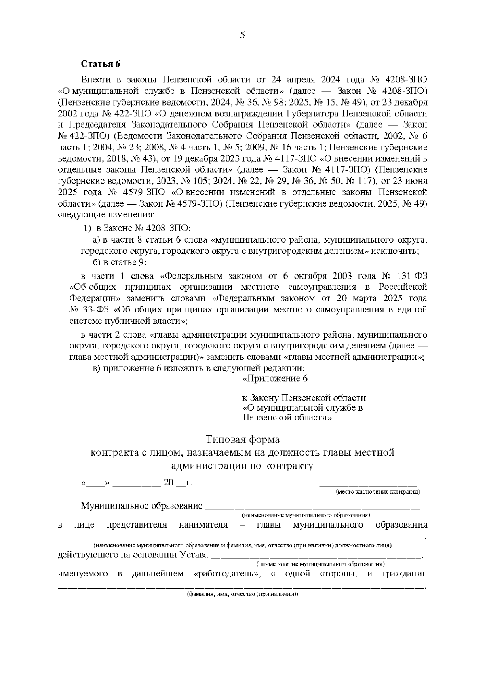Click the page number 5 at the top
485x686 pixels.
[242, 35]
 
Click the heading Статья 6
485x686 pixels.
[101, 64]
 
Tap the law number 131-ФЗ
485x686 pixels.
[410, 276]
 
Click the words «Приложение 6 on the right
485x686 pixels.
[275, 379]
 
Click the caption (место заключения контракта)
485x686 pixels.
[378, 492]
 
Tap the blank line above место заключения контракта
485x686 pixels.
[368, 483]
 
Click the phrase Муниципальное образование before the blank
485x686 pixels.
[141, 506]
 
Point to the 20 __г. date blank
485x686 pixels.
[177, 483]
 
